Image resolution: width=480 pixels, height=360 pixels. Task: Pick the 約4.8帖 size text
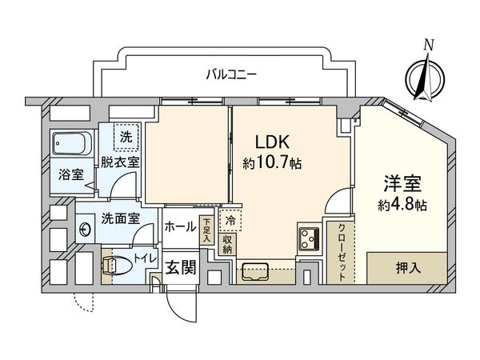coord(401,205)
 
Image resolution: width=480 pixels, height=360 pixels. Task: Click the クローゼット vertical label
coord(341,250)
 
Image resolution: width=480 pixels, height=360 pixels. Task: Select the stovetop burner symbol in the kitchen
coord(308,238)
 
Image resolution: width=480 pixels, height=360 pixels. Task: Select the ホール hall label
coord(180,227)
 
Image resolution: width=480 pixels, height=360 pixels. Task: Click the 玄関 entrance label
coord(182,266)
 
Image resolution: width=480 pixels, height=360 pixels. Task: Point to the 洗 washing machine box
coord(126,137)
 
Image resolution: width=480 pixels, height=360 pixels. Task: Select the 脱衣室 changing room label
coord(121,162)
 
